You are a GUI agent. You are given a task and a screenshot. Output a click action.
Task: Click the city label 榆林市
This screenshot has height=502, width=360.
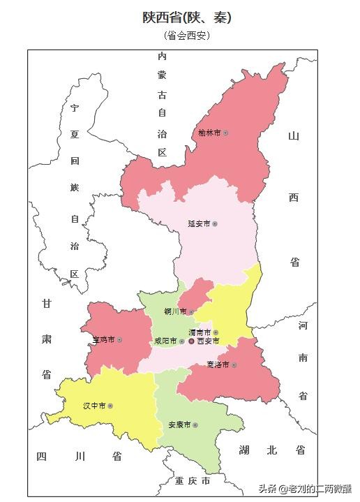point(209,132)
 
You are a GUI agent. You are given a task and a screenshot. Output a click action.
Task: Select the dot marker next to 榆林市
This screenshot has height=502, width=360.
point(225,132)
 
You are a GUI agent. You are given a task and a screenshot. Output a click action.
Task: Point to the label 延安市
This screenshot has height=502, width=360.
point(198,223)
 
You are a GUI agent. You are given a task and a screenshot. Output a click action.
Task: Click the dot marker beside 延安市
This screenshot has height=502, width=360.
point(215,223)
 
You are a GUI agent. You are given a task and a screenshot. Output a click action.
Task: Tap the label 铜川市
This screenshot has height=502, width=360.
point(174,311)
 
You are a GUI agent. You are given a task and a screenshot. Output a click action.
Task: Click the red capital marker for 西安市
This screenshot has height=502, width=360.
point(192,341)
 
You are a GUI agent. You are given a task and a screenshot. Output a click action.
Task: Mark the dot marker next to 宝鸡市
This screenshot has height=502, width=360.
point(120,339)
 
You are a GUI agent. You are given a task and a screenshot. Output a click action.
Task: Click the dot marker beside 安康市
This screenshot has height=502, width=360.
point(196,425)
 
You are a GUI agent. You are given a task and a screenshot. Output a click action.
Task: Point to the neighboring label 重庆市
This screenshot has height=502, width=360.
point(193,481)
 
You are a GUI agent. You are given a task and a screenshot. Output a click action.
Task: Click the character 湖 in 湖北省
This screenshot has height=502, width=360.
point(243,450)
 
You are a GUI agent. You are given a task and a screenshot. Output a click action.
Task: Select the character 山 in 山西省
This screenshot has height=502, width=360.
point(294,135)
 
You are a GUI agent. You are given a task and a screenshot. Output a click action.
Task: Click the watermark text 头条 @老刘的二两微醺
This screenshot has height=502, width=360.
point(306,487)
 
